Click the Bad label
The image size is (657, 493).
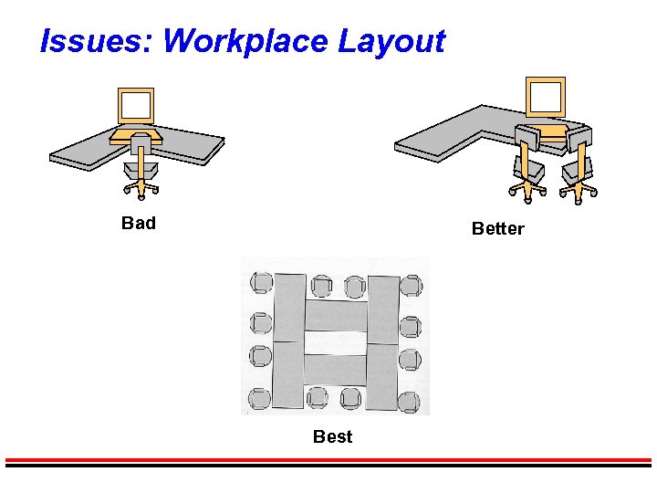pos(139,223)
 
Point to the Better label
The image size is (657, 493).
pos(497,228)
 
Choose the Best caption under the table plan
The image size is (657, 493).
pos(332,436)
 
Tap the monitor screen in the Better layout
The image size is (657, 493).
pos(546,95)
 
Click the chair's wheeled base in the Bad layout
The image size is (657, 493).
pos(141,189)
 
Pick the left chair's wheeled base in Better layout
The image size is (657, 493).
pos(528,189)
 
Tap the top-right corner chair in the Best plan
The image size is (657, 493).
pos(411,285)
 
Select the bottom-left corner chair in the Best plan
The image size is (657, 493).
pos(259,398)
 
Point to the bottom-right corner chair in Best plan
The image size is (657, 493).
pos(409,401)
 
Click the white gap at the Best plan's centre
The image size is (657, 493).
pos(334,342)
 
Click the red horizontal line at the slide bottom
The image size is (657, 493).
pos(328,459)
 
